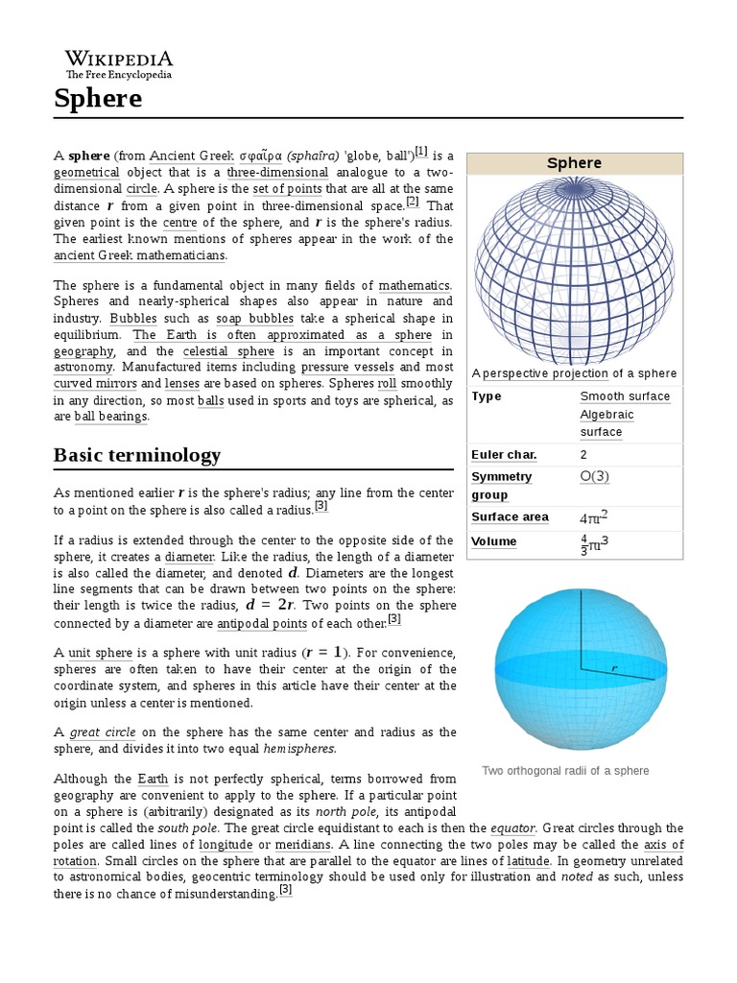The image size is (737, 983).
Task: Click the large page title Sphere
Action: click(x=98, y=98)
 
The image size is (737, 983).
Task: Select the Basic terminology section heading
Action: click(x=137, y=454)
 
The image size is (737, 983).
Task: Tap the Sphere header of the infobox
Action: click(x=574, y=163)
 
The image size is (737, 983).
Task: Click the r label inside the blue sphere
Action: click(x=614, y=666)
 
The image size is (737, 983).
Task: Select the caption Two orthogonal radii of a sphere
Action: click(x=565, y=771)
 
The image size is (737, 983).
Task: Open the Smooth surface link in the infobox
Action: click(x=625, y=396)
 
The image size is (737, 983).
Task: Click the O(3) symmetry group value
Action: click(x=594, y=476)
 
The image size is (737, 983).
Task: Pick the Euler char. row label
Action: click(x=504, y=454)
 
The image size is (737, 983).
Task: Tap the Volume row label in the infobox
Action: click(x=494, y=541)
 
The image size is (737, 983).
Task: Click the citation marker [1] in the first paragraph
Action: click(x=421, y=152)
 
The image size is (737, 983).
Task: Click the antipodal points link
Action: click(x=262, y=623)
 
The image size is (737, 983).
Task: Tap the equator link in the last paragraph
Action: click(x=512, y=827)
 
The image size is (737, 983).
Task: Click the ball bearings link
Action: click(x=111, y=417)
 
